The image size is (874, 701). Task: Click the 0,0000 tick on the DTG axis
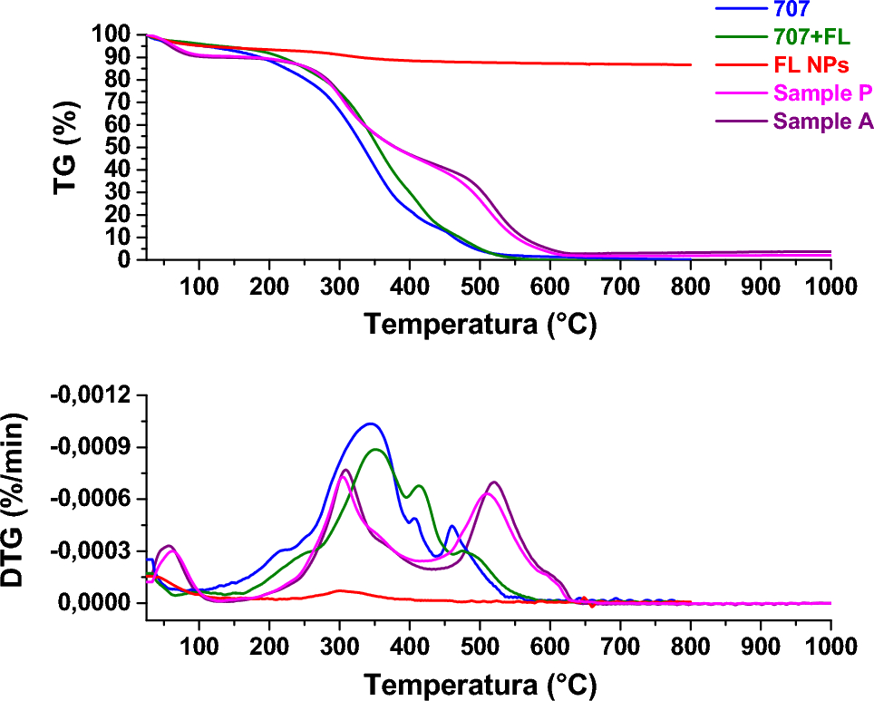click(100, 603)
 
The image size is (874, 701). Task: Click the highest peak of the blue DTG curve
click(370, 424)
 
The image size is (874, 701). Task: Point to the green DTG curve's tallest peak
click(375, 449)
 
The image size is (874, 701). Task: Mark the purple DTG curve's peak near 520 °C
click(494, 482)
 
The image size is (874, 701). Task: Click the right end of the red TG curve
click(691, 64)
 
